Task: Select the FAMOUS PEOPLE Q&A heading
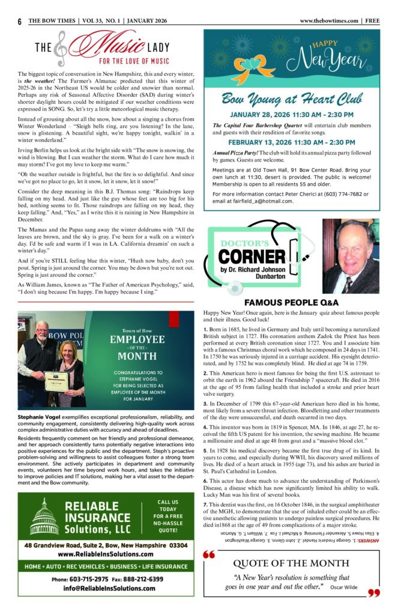click(x=292, y=303)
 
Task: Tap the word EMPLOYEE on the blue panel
click(x=137, y=340)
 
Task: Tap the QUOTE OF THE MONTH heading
click(x=291, y=563)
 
